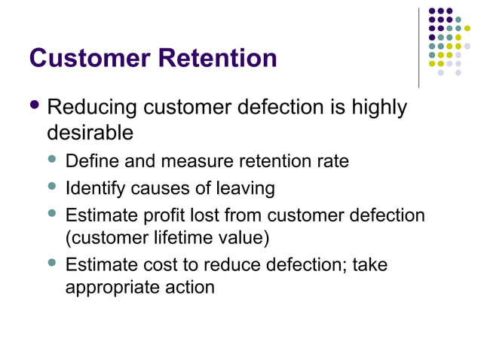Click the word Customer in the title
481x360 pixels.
tap(88, 58)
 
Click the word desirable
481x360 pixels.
tap(90, 133)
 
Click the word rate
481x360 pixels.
tap(332, 161)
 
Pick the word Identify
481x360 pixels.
tap(93, 187)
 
